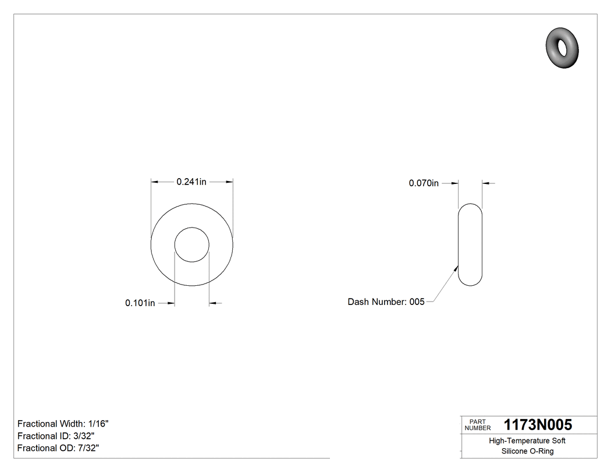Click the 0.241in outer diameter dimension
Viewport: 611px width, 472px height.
point(191,182)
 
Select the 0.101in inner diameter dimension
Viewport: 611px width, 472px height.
point(140,303)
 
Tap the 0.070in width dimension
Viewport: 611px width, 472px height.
point(424,183)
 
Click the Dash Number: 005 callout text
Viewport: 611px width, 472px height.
point(386,301)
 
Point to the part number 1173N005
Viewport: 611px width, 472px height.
point(538,425)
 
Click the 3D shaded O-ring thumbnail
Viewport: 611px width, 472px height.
point(563,47)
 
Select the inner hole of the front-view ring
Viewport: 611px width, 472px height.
point(192,244)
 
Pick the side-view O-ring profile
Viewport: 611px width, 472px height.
point(470,244)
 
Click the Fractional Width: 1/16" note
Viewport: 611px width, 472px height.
point(63,424)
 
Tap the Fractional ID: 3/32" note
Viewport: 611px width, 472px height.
point(56,436)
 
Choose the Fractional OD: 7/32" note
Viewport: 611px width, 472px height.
point(58,448)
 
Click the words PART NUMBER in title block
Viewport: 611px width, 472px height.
point(478,425)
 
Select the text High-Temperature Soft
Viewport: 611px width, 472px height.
point(527,441)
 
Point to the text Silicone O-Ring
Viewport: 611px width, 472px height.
point(527,452)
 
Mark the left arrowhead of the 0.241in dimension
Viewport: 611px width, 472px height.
point(154,182)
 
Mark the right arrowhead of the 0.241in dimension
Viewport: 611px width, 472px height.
point(230,182)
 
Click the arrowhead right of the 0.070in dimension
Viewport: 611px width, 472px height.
point(485,183)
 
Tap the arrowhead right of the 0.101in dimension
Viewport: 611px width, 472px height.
point(212,303)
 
